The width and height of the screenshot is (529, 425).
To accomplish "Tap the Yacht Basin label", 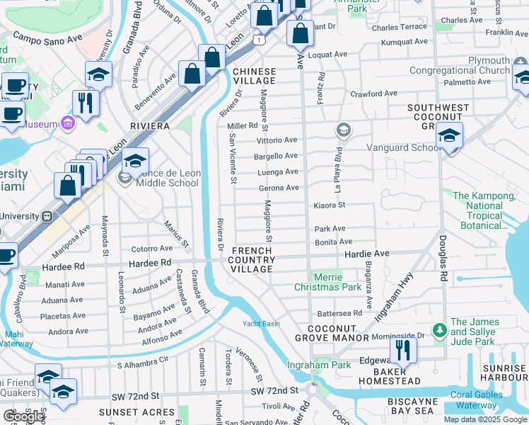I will click(x=261, y=324).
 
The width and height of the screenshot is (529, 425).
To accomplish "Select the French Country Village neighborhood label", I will click(x=252, y=260).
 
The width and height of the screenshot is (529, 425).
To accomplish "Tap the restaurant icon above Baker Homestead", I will click(x=403, y=350).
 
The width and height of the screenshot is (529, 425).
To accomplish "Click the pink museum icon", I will click(x=68, y=123).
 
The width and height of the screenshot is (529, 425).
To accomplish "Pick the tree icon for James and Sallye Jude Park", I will click(x=439, y=330).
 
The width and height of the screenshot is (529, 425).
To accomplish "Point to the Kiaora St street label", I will click(x=329, y=205).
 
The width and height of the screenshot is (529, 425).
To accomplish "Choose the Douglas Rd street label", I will click(x=443, y=259).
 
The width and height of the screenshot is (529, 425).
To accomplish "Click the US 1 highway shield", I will click(x=261, y=41).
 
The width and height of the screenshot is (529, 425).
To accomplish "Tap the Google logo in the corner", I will click(x=23, y=416).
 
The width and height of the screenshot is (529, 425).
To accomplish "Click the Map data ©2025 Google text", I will click(x=484, y=419).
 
